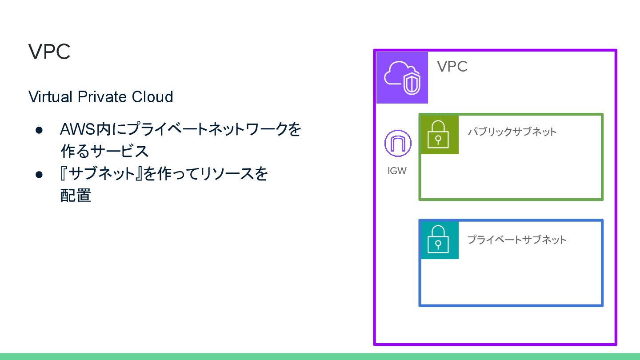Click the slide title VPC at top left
click(49, 52)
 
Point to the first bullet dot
click(39, 130)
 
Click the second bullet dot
click(39, 174)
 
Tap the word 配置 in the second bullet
click(76, 196)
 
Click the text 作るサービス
click(104, 152)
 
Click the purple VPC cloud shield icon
click(402, 77)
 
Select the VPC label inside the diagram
click(452, 66)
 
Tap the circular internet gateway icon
click(398, 143)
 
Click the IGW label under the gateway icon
click(397, 171)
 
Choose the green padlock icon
click(439, 135)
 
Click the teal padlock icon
click(439, 240)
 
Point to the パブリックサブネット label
click(512, 132)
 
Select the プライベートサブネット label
click(516, 240)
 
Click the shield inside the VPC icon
click(412, 83)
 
